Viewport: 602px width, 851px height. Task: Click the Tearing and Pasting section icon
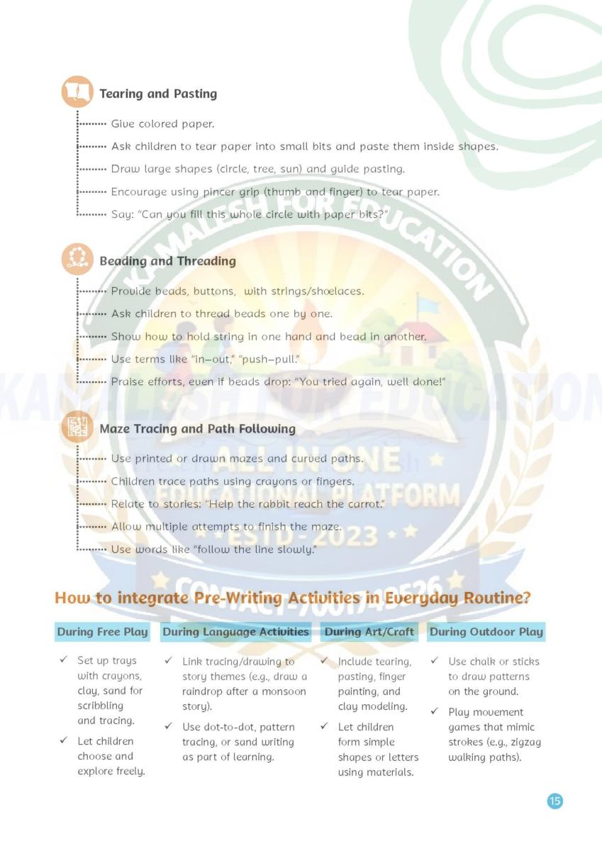tap(77, 92)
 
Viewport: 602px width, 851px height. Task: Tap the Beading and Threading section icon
tap(77, 260)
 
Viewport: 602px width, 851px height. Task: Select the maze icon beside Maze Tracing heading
tap(77, 428)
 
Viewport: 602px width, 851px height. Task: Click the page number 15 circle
tap(555, 801)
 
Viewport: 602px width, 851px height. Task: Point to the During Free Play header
tap(103, 632)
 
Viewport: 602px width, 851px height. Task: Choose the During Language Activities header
tap(235, 632)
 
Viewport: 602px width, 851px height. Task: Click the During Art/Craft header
tap(369, 632)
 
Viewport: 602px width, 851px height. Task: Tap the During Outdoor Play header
tap(486, 632)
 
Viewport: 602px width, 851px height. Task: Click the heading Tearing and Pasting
tap(158, 94)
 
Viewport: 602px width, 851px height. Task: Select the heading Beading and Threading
tap(167, 261)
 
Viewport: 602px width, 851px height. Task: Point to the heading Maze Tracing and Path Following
tap(197, 429)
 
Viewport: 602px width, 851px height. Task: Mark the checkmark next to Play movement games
tap(434, 712)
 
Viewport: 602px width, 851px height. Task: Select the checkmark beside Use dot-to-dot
tap(168, 727)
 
